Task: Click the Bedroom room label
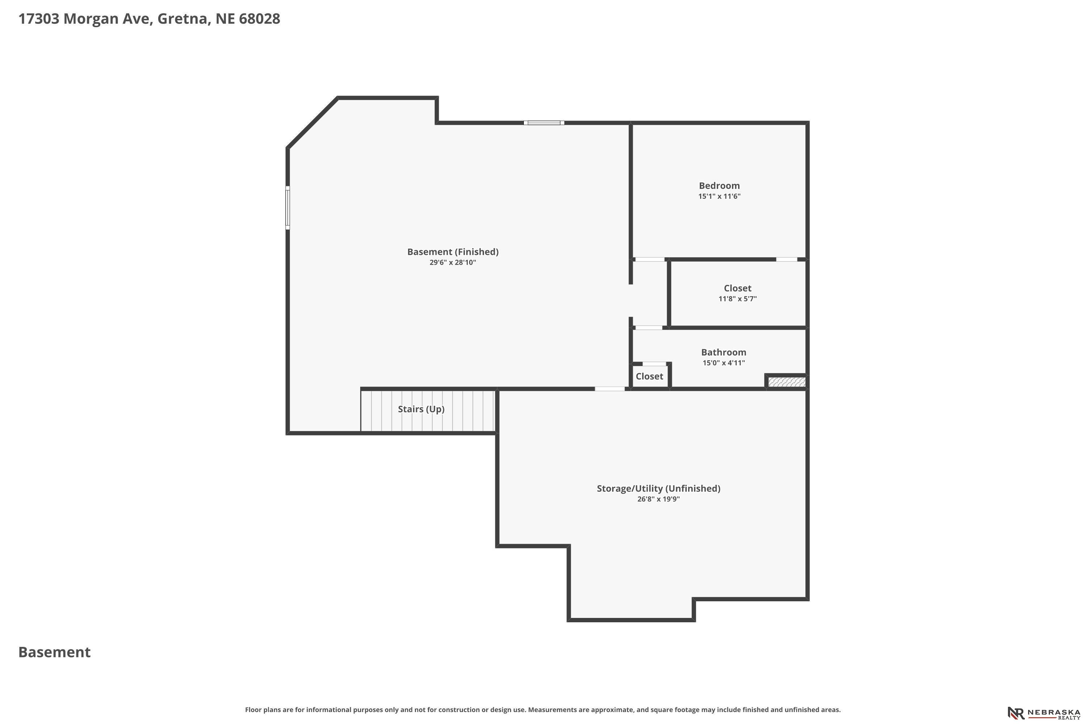click(719, 186)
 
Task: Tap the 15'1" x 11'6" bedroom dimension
click(719, 196)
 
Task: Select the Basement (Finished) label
click(452, 252)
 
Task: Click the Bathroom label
click(724, 352)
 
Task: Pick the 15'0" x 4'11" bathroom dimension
click(724, 363)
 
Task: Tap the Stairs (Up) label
click(421, 409)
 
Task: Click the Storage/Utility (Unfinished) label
click(658, 488)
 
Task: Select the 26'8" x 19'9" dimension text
click(658, 499)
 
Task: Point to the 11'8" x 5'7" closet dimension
click(737, 299)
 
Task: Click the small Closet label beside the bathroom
click(649, 376)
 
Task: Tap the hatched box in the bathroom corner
click(787, 382)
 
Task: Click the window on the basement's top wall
click(544, 123)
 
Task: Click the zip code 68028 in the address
click(260, 19)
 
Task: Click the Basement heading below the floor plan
click(55, 652)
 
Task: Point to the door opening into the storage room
click(610, 389)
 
